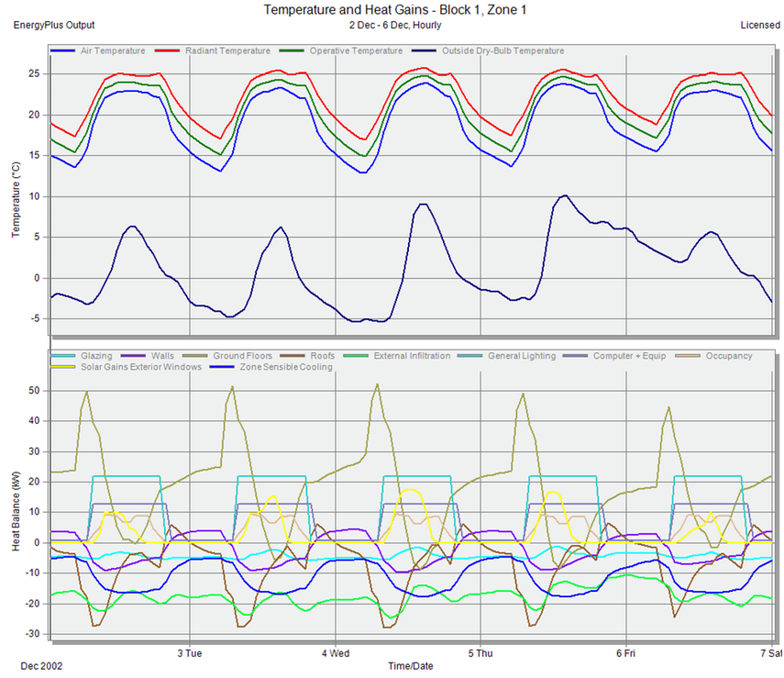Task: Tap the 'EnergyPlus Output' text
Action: point(54,25)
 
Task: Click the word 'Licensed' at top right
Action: point(760,25)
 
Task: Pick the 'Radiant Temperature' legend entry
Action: point(227,50)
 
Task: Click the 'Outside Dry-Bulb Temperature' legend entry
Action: point(502,50)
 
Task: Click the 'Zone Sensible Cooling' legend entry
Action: point(282,366)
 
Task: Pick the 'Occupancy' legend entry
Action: point(730,355)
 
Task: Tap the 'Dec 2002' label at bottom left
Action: point(39,664)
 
